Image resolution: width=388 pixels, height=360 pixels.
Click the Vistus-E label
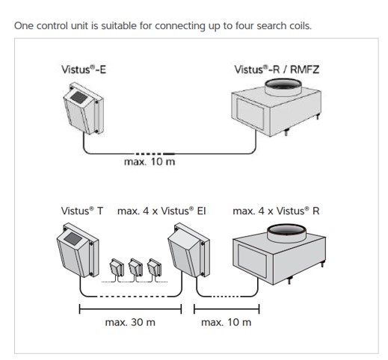click(84, 69)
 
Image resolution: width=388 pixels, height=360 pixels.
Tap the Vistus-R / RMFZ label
click(277, 69)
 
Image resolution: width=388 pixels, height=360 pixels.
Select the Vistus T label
click(82, 211)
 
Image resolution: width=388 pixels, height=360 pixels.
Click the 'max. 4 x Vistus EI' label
click(161, 211)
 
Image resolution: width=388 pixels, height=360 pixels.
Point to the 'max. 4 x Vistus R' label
click(276, 211)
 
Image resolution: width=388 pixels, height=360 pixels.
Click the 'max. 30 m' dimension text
click(130, 323)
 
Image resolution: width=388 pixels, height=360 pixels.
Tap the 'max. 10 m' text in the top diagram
click(150, 162)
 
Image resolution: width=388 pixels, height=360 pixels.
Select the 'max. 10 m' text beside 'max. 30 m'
click(226, 323)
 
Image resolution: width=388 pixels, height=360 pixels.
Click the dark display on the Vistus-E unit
click(79, 97)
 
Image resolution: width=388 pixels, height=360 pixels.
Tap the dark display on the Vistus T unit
click(73, 238)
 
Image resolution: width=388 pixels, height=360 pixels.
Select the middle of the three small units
click(135, 267)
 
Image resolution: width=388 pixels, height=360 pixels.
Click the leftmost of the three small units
click(117, 267)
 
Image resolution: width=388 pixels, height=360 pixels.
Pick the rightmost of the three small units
click(154, 267)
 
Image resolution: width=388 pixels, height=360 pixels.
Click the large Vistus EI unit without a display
click(188, 250)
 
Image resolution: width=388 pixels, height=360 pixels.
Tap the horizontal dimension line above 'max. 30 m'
click(130, 309)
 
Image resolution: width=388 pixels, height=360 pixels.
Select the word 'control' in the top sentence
click(52, 26)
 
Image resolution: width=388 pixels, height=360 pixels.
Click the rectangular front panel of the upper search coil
click(250, 114)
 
